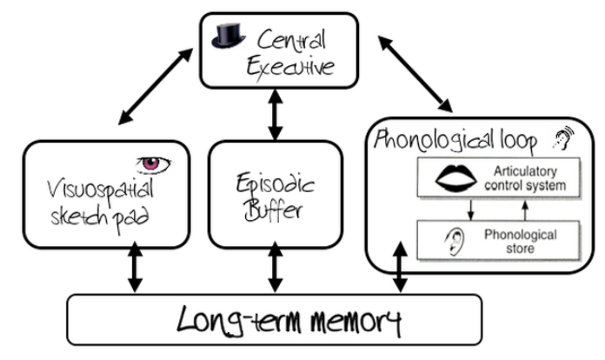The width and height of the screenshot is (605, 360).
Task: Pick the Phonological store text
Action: (x=522, y=240)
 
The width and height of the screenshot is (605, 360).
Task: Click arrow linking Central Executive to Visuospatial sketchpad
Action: (x=159, y=86)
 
